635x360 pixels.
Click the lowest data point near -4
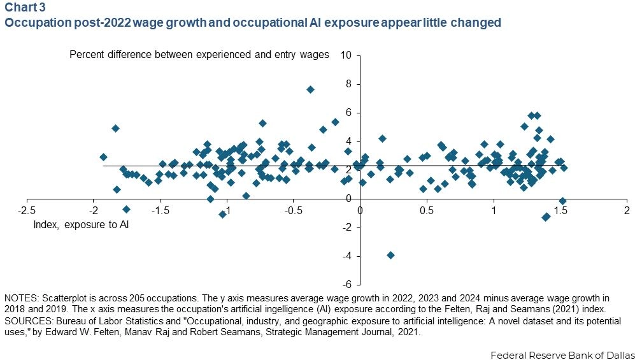point(390,255)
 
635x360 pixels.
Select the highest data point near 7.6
point(310,89)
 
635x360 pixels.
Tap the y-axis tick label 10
point(346,55)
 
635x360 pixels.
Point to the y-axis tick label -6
point(348,284)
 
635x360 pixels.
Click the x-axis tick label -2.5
point(27,210)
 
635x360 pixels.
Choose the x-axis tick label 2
point(627,210)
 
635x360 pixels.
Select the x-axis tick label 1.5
point(560,210)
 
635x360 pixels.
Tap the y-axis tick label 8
point(349,83)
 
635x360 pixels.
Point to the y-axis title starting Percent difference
point(199,55)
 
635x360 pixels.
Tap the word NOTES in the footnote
point(20,298)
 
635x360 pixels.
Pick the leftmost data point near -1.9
point(103,157)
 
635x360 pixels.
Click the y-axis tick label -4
point(348,256)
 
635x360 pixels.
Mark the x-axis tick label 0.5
point(426,210)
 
